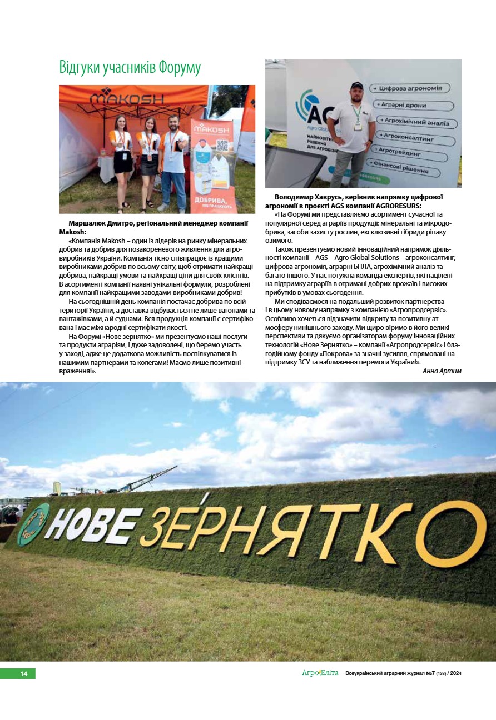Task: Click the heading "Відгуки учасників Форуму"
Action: (130, 68)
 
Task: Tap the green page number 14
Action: (24, 674)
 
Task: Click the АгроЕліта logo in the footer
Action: (320, 673)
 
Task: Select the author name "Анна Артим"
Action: (442, 371)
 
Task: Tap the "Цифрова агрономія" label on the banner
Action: (411, 88)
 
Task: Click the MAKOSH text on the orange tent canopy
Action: (127, 99)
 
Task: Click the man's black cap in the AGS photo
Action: (356, 86)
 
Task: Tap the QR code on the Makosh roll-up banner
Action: (222, 146)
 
